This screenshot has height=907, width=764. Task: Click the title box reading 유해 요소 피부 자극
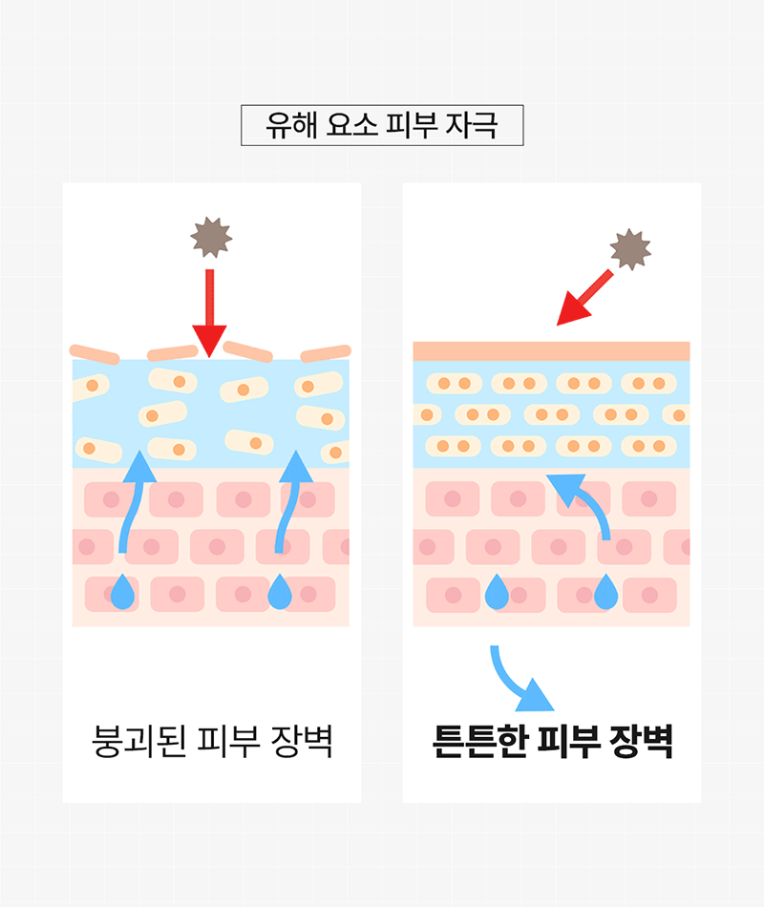coord(382,125)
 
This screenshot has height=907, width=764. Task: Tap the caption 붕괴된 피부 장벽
coord(212,741)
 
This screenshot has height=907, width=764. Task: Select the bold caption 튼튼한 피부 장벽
coord(552,741)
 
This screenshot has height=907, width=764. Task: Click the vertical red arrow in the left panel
coord(209,313)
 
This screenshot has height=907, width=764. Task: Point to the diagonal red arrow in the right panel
coord(584,298)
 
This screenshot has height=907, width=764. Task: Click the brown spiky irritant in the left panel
coord(211,237)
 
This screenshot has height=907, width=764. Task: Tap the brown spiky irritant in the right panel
coord(630,249)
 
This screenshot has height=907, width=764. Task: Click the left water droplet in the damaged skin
coord(122,592)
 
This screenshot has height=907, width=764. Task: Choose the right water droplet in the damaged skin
coord(280,592)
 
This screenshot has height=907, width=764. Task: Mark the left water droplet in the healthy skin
coord(497,592)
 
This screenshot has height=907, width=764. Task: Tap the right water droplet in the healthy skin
coord(606,592)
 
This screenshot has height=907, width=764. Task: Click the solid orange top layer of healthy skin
coord(551,351)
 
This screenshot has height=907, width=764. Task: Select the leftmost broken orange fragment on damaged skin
coord(95,354)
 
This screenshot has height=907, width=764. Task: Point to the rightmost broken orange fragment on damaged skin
coord(326,353)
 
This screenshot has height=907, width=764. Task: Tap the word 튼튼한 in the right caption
coord(479,741)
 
